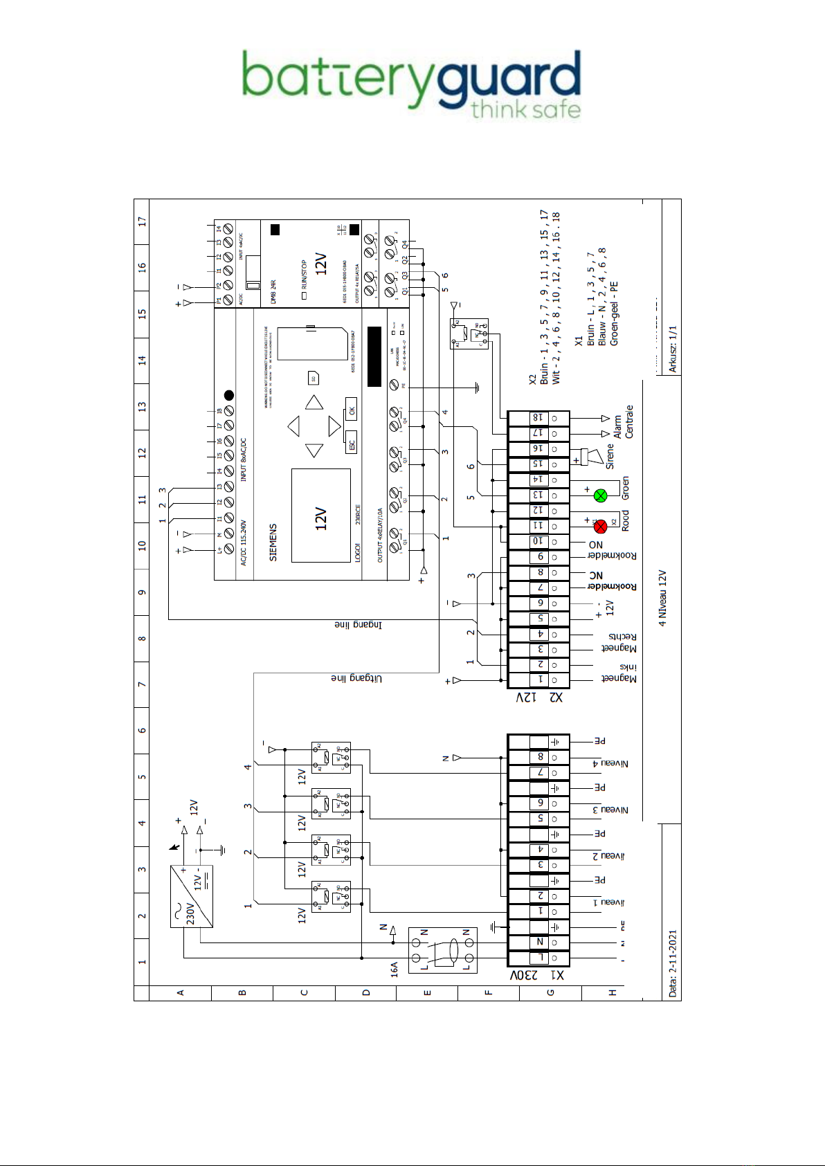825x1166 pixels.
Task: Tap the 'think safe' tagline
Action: (525, 109)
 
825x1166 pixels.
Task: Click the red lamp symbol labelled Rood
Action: (601, 526)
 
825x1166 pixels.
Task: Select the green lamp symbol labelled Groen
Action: (601, 495)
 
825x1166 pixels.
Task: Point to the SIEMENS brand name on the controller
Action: (273, 542)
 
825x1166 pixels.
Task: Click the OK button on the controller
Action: (352, 410)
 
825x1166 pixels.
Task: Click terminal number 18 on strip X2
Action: (538, 417)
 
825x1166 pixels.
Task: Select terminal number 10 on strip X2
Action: (538, 541)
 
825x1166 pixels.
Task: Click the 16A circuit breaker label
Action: (394, 968)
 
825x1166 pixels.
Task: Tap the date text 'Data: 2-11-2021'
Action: (672, 963)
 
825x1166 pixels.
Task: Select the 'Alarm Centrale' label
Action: (624, 422)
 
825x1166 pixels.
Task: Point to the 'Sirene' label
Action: (610, 457)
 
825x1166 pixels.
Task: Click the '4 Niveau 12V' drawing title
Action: (662, 598)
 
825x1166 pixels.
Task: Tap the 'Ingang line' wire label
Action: (358, 625)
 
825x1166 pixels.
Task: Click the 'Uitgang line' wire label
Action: (356, 679)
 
